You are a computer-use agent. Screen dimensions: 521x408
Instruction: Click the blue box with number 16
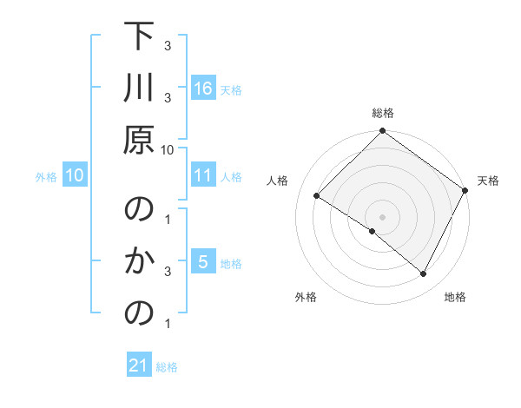click(x=202, y=88)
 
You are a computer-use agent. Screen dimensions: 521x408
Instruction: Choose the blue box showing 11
click(x=202, y=175)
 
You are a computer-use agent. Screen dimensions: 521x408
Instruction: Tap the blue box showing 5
click(x=202, y=262)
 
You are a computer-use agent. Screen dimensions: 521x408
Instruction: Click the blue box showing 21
click(x=139, y=365)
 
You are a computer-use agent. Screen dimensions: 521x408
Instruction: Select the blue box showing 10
click(x=75, y=175)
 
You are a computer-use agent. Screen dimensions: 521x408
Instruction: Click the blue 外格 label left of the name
click(x=46, y=176)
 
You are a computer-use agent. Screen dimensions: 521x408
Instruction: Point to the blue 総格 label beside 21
click(x=167, y=367)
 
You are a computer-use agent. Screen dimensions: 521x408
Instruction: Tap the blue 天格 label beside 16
click(x=231, y=89)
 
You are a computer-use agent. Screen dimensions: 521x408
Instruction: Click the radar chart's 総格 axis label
click(x=382, y=113)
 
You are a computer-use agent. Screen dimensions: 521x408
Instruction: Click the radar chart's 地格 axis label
click(x=455, y=298)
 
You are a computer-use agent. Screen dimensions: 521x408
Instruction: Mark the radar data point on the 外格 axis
click(x=373, y=232)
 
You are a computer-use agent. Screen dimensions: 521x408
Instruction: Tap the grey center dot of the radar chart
click(x=382, y=216)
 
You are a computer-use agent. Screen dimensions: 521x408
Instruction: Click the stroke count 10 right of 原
click(x=168, y=149)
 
